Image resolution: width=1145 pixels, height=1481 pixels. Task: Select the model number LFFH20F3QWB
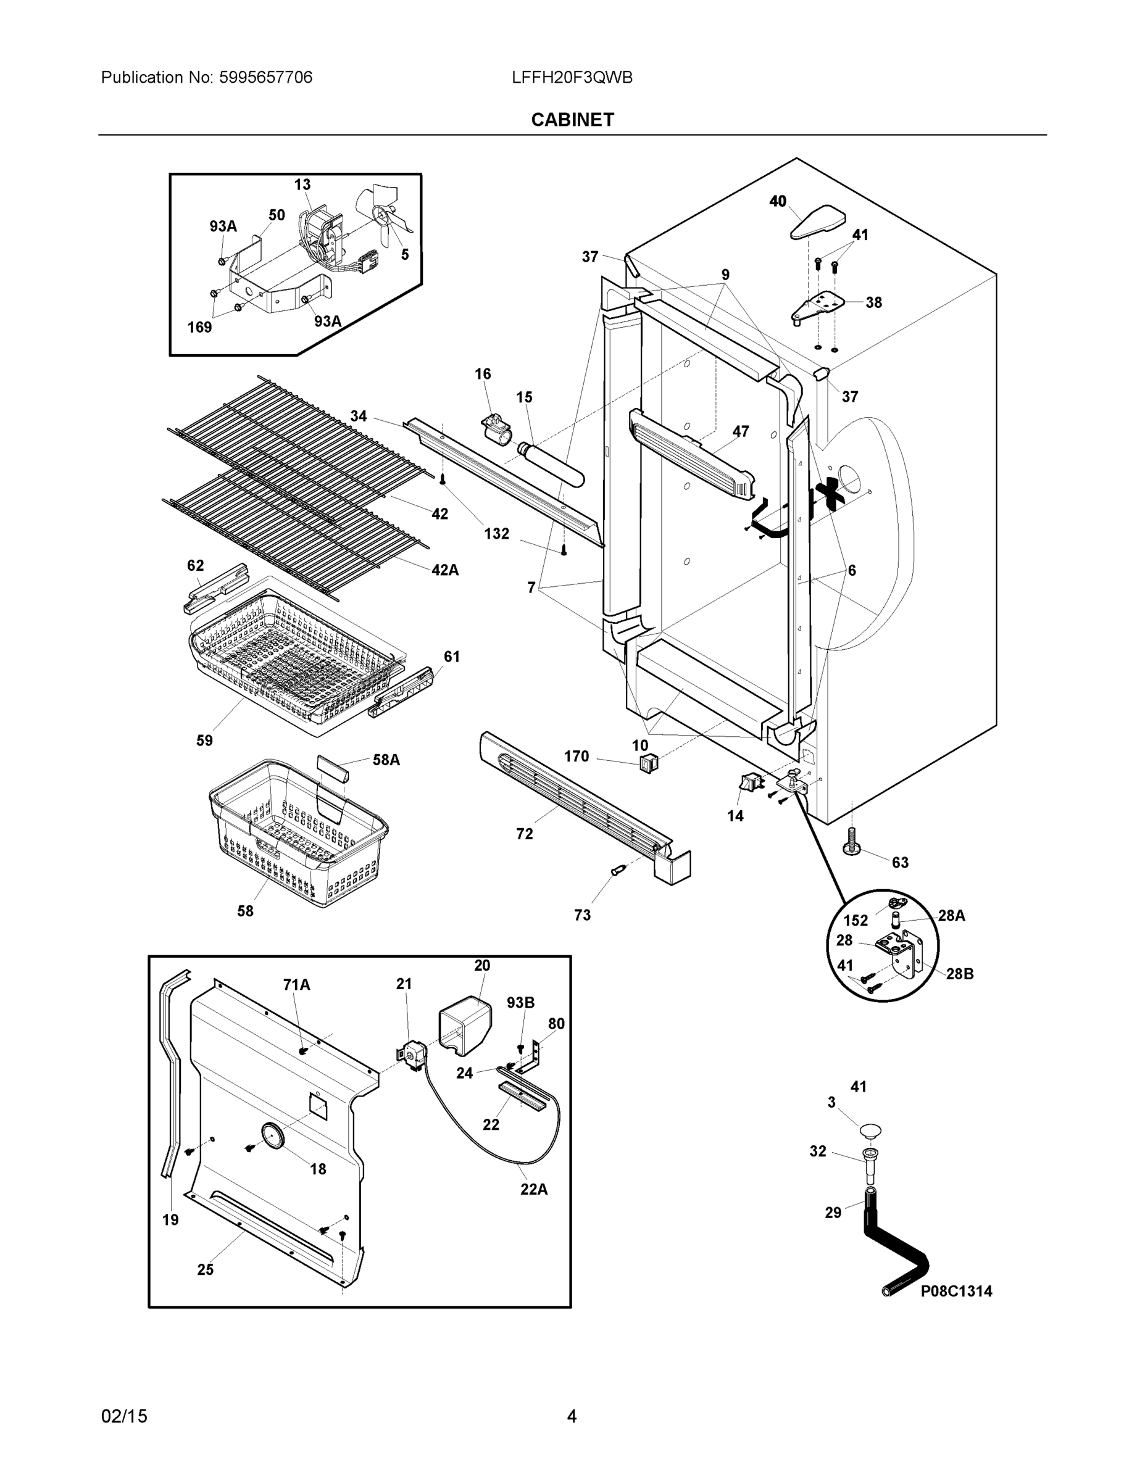[572, 77]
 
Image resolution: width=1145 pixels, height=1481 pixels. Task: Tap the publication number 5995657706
[265, 77]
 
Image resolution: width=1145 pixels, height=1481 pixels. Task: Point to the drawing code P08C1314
[955, 1291]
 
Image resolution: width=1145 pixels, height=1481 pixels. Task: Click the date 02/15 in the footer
[124, 1416]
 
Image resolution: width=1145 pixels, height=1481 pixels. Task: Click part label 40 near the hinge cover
[777, 201]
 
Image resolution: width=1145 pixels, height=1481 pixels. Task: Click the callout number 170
[576, 756]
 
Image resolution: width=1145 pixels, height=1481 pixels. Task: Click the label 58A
[386, 760]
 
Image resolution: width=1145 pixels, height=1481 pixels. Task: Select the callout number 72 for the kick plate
[524, 834]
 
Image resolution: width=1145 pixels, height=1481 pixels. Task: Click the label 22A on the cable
[534, 1189]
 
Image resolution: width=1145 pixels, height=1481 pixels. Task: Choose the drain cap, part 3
[870, 1130]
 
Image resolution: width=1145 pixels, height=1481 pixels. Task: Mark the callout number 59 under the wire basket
[204, 740]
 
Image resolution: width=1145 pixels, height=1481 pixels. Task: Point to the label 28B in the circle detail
[959, 974]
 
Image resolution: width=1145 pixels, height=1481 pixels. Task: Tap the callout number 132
[496, 534]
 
